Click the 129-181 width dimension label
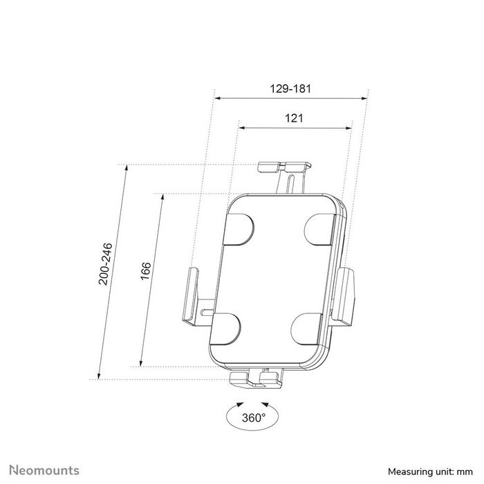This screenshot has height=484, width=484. click(x=292, y=89)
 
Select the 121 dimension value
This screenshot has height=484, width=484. click(x=294, y=118)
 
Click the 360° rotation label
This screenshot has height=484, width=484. click(x=253, y=417)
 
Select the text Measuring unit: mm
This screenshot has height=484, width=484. click(x=429, y=471)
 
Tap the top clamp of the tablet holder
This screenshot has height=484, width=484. click(x=285, y=167)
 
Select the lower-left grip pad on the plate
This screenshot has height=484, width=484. click(x=225, y=329)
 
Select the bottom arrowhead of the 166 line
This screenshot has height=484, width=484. click(x=141, y=364)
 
